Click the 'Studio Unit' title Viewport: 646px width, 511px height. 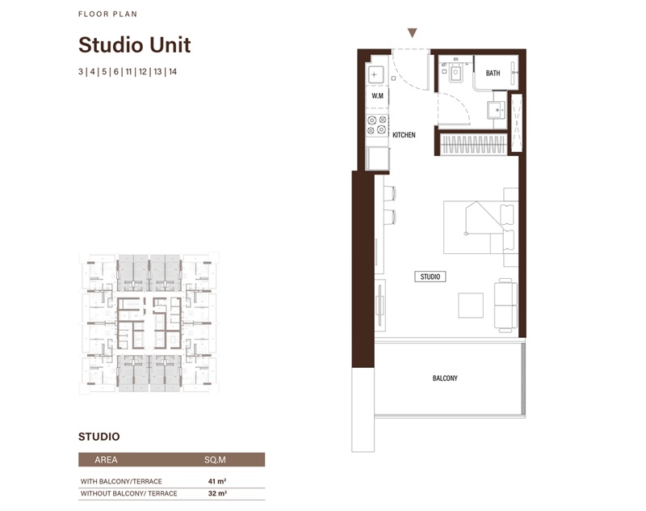(x=134, y=44)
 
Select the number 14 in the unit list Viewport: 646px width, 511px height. (x=173, y=72)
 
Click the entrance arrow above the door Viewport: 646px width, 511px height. (x=412, y=34)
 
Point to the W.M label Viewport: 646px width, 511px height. (x=376, y=96)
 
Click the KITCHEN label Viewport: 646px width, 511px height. (x=404, y=135)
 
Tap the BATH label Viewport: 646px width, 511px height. (x=493, y=74)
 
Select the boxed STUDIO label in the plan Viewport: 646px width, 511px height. (x=430, y=277)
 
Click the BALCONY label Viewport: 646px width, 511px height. (x=445, y=378)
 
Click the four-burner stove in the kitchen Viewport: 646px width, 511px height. (x=376, y=125)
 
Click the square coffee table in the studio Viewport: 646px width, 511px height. (x=471, y=305)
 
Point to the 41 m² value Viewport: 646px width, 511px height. (x=215, y=481)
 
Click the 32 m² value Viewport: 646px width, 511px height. (x=215, y=493)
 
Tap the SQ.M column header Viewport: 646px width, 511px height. (x=215, y=460)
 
